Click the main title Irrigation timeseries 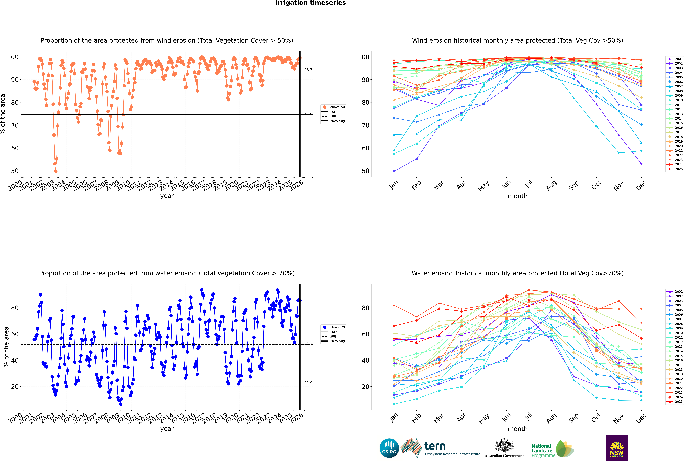(311, 3)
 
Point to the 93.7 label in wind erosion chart (308, 70)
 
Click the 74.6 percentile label (308, 113)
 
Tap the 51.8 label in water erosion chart (308, 343)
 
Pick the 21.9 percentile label (308, 383)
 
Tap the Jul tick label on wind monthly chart (528, 184)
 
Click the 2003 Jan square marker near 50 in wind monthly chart (394, 171)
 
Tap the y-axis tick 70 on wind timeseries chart (15, 125)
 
